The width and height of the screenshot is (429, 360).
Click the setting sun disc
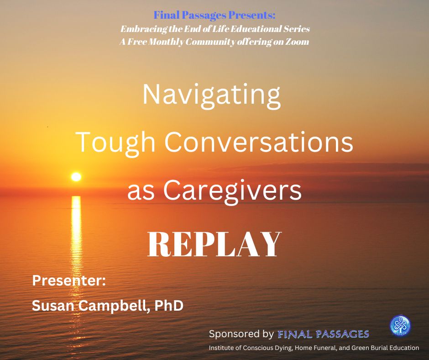[x=76, y=177]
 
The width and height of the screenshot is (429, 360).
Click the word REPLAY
[x=214, y=244]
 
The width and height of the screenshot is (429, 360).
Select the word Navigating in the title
[x=211, y=95]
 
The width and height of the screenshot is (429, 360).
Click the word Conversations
[x=259, y=142]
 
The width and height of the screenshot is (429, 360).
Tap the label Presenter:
[x=69, y=281]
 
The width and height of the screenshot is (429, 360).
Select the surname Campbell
[x=114, y=306]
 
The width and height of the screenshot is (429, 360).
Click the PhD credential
[x=169, y=305]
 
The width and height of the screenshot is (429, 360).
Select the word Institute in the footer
[x=221, y=348]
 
